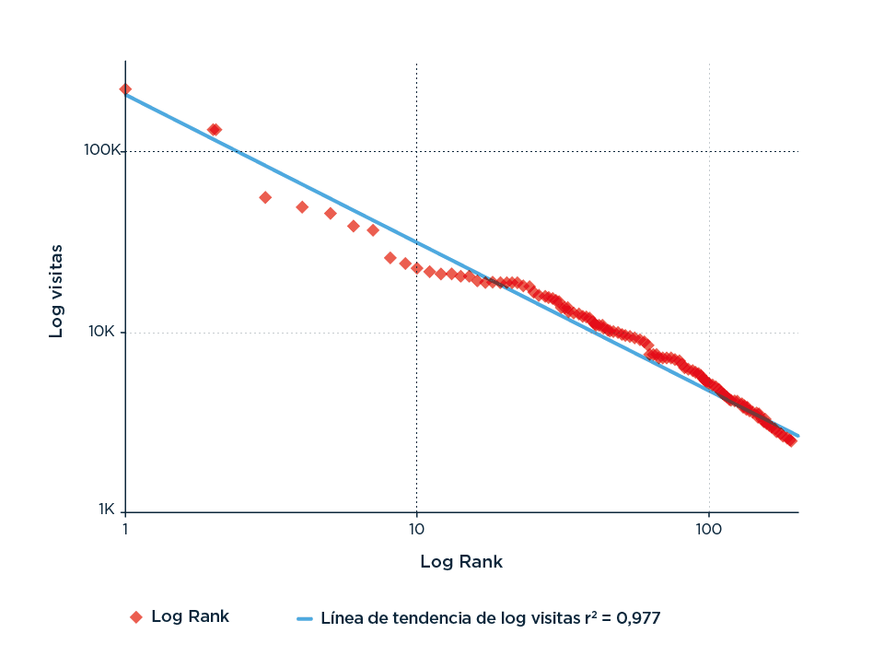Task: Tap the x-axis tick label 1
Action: point(125,529)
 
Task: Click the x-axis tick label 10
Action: point(416,529)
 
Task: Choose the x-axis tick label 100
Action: point(708,529)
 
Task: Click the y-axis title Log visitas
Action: point(57,290)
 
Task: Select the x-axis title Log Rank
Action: point(461,561)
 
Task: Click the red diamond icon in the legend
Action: point(135,617)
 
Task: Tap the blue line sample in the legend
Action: point(305,618)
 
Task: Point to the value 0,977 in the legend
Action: point(637,617)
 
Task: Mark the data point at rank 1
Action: point(125,89)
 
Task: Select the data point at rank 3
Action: point(265,197)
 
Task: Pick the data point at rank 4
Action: point(302,207)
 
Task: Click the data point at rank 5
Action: point(331,214)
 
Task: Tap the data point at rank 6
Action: point(354,226)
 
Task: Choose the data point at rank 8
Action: point(390,258)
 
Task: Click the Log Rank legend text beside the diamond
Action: point(190,616)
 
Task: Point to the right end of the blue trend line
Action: point(797,435)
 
